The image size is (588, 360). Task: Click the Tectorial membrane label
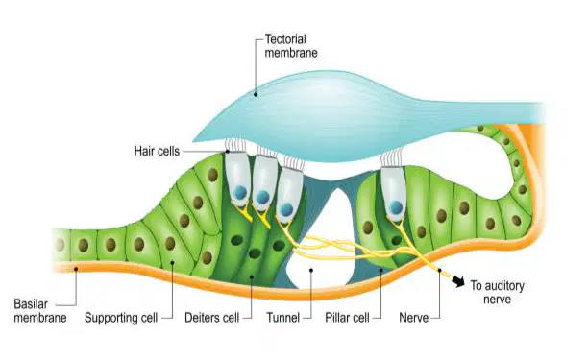[x=291, y=46]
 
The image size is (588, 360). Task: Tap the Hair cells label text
[x=157, y=151]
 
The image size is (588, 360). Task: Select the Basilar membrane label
[x=40, y=310]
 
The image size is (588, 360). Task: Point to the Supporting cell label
[x=121, y=318]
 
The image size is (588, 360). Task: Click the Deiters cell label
[x=212, y=318]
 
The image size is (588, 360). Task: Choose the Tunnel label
[x=283, y=318]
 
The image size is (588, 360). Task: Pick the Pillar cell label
[x=347, y=318]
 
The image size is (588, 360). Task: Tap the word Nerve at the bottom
[x=414, y=318]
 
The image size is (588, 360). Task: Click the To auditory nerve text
[x=498, y=293]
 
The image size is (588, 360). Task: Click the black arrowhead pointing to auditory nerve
[x=458, y=281]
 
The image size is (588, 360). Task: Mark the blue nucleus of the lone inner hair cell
[x=396, y=206]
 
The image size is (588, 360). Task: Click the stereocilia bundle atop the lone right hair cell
[x=392, y=157]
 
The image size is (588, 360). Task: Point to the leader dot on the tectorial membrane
[x=256, y=94]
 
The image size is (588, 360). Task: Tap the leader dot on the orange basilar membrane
[x=76, y=268]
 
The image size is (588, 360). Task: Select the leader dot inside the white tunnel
[x=311, y=270]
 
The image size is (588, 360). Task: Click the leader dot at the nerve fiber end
[x=439, y=270]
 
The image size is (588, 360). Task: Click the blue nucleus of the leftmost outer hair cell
[x=240, y=193]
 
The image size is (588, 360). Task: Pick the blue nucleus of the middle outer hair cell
[x=263, y=197]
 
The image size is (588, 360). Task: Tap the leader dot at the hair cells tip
[x=228, y=152]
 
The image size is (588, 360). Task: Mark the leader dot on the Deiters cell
[x=252, y=277]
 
